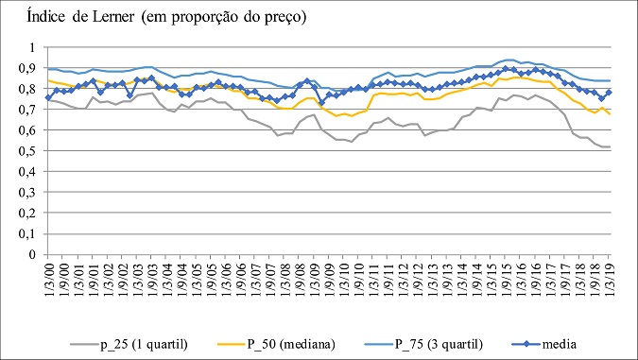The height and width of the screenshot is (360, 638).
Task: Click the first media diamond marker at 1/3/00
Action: point(48,97)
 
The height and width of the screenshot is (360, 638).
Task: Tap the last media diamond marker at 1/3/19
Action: point(608,93)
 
